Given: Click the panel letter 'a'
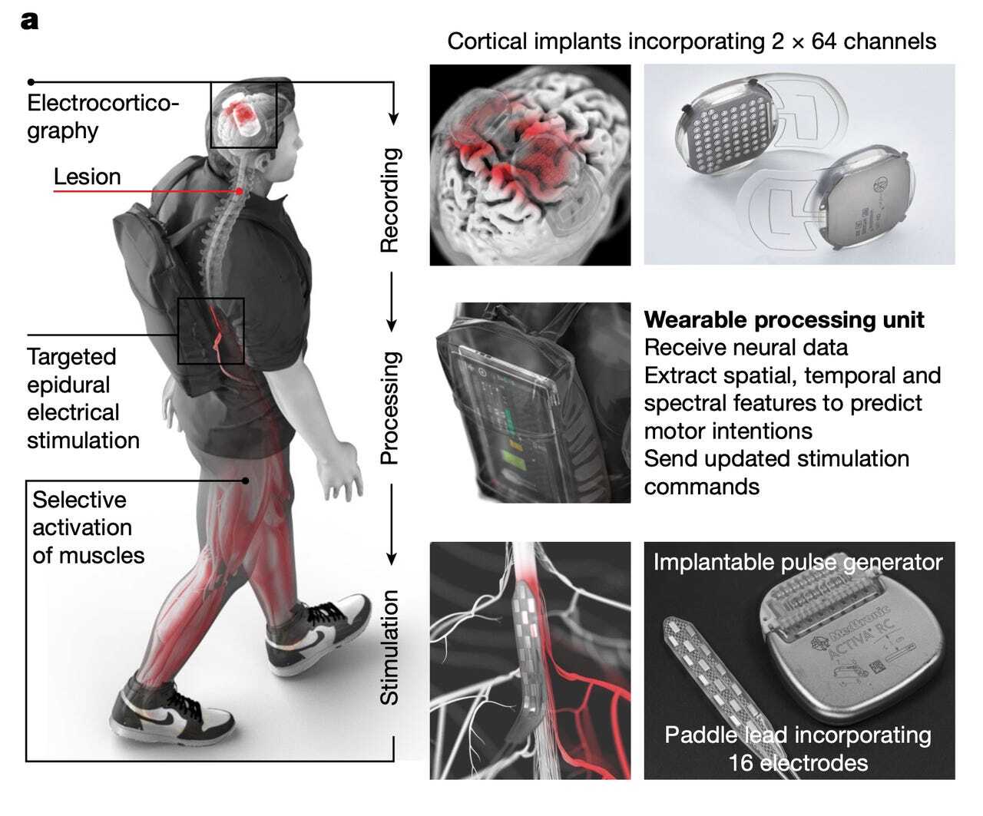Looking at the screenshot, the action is tap(29, 21).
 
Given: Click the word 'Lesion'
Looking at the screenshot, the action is tap(87, 177).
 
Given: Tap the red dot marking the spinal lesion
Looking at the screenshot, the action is tap(240, 191).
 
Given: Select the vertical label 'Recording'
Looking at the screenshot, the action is tap(390, 200).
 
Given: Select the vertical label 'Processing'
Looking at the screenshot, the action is tap(391, 408).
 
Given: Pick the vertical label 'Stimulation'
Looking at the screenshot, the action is tap(389, 647).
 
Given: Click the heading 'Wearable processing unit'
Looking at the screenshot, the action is tap(784, 320).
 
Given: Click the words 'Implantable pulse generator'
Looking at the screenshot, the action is tap(798, 562).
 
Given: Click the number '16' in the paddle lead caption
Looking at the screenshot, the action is tap(741, 763).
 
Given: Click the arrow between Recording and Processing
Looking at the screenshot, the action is tap(391, 302).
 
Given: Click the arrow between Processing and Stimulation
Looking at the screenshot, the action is tap(391, 524).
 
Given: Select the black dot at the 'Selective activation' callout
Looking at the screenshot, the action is tap(245, 481).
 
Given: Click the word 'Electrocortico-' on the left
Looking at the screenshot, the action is tap(103, 103).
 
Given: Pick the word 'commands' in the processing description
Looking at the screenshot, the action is tap(701, 487).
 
